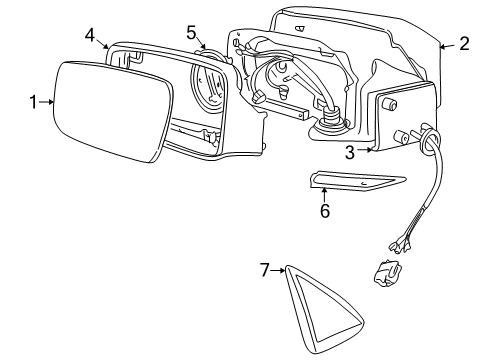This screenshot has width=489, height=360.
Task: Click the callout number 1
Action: pyautogui.click(x=33, y=100)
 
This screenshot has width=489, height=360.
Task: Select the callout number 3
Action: pyautogui.click(x=350, y=152)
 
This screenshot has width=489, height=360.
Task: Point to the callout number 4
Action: pyautogui.click(x=91, y=35)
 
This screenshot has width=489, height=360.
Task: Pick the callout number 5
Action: pyautogui.click(x=191, y=31)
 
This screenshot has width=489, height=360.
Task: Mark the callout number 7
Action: pyautogui.click(x=265, y=269)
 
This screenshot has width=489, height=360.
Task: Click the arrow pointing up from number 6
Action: pyautogui.click(x=324, y=193)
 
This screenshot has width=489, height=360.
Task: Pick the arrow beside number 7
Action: pyautogui.click(x=280, y=269)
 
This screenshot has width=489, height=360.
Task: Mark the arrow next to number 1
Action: pyautogui.click(x=48, y=100)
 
